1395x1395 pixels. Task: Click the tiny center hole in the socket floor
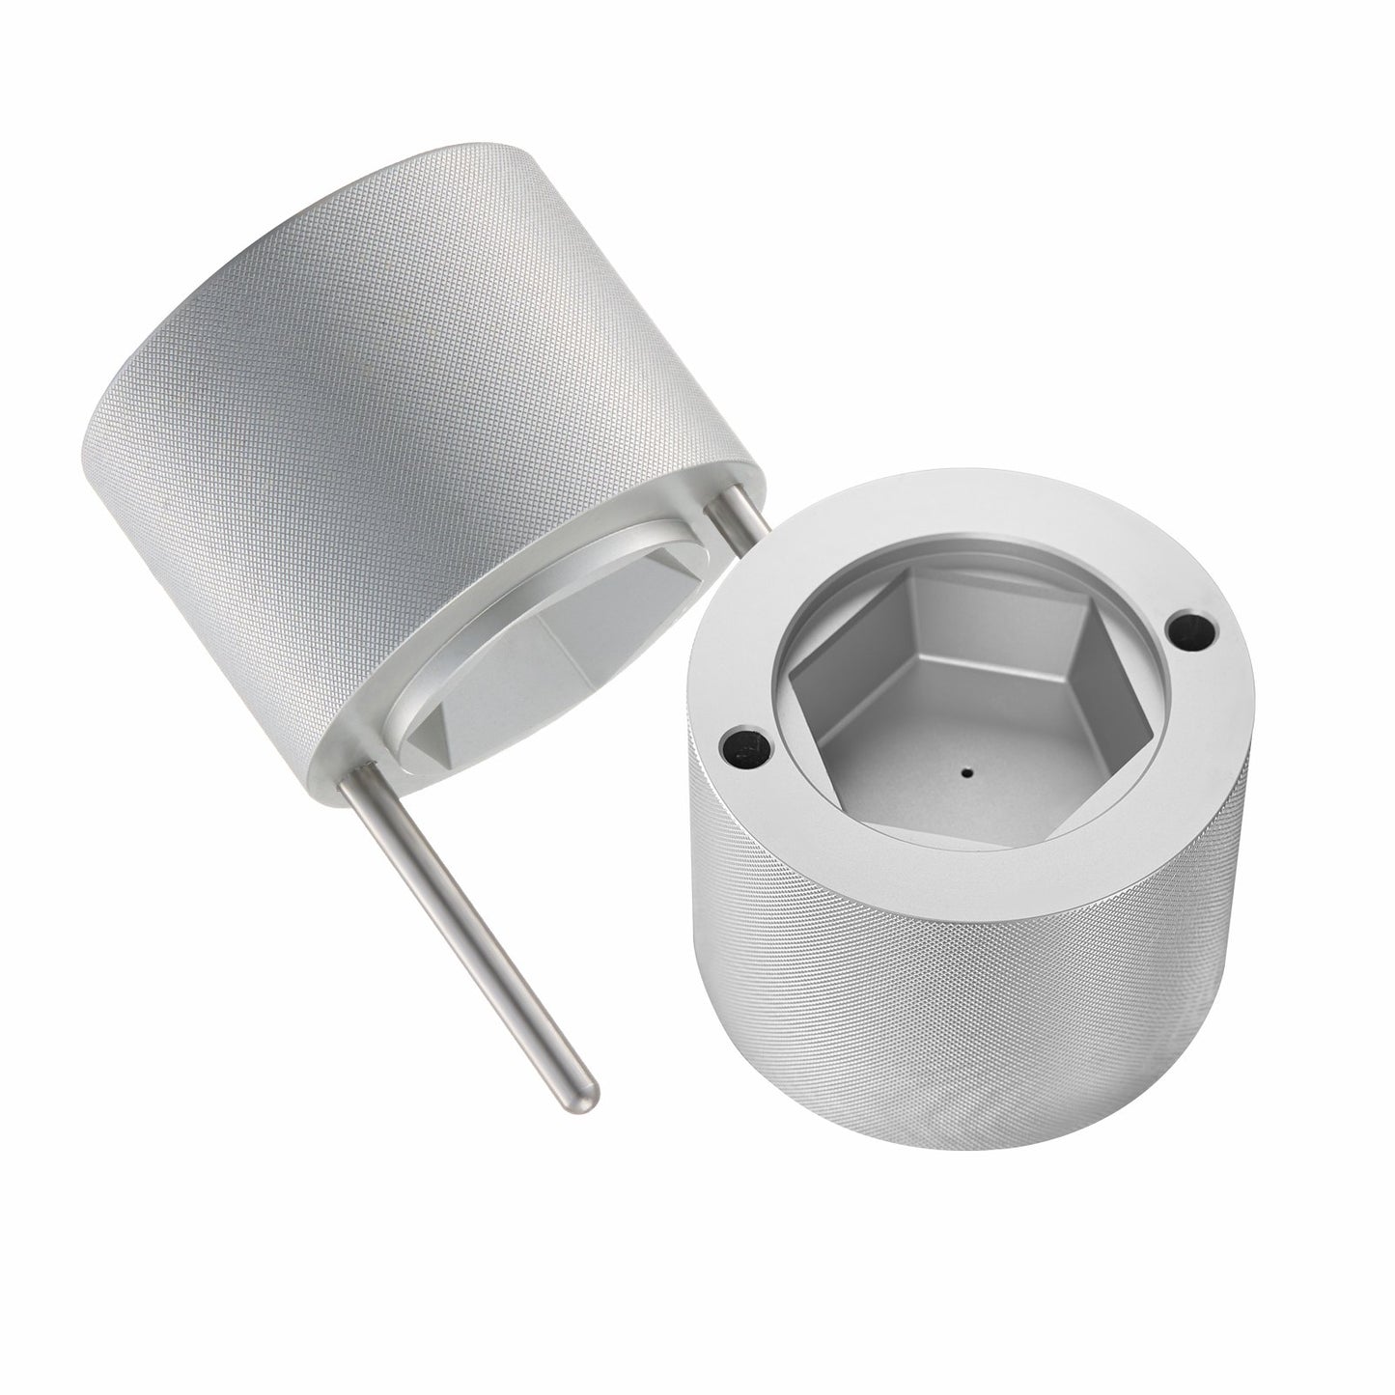tap(966, 771)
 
